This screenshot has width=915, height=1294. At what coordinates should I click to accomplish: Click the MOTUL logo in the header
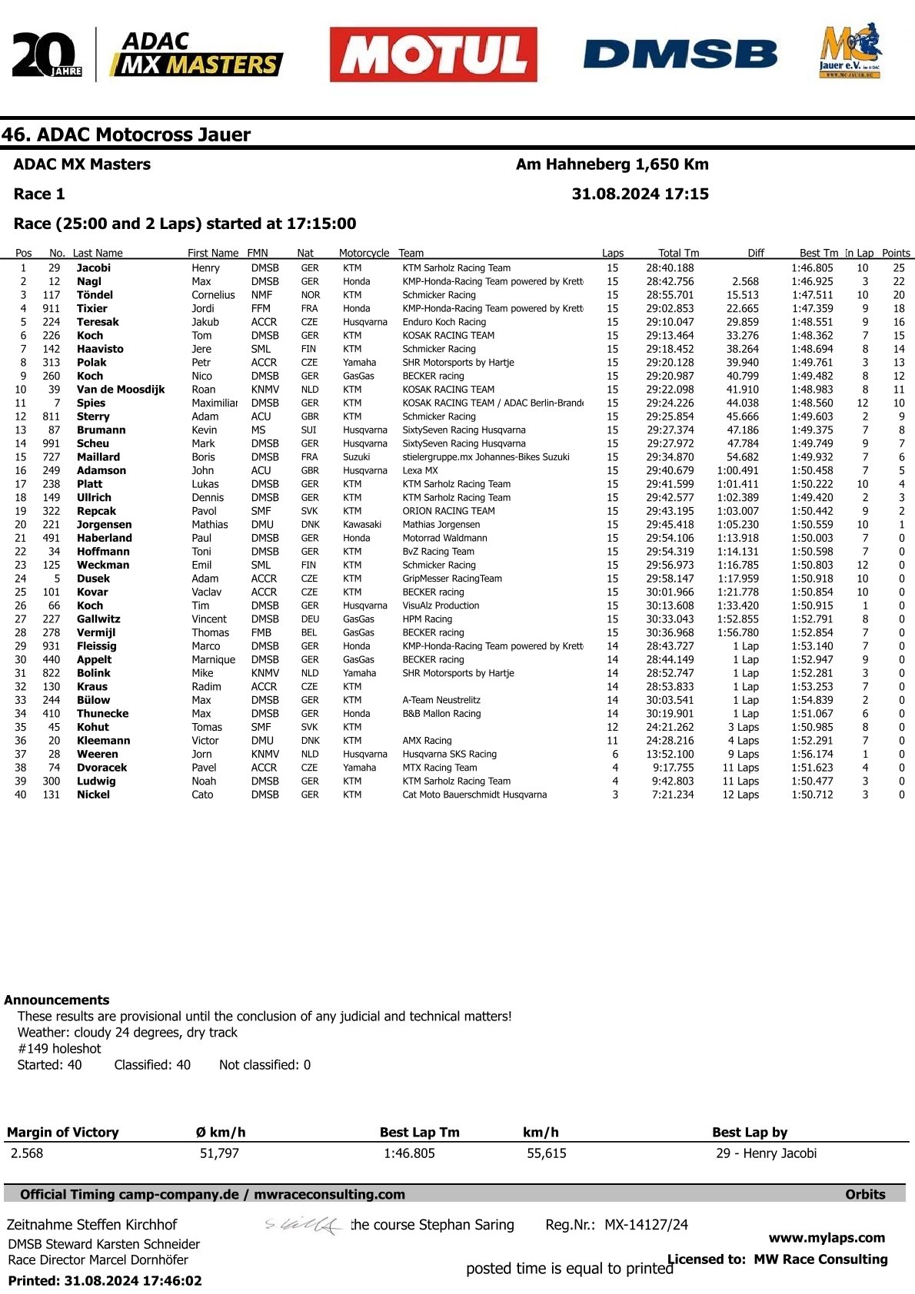tap(433, 55)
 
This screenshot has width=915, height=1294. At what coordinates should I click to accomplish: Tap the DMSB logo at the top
tap(680, 55)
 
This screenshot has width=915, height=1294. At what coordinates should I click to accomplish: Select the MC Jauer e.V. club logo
tap(850, 51)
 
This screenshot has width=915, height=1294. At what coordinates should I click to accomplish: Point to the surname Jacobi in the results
tap(93, 268)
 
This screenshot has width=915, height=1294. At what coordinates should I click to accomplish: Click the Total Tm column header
tap(678, 253)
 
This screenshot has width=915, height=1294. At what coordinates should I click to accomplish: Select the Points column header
tap(896, 253)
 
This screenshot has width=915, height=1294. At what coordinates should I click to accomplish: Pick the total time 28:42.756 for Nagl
tap(670, 281)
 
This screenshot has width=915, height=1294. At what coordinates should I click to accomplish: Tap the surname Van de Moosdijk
tap(121, 390)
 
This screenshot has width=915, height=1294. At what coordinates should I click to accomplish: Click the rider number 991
tap(51, 443)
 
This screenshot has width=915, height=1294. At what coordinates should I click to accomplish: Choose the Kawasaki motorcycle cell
tap(362, 525)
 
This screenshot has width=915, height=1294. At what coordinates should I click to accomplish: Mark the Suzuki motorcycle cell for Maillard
tap(356, 457)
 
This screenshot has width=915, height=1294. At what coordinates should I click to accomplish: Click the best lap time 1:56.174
tap(812, 755)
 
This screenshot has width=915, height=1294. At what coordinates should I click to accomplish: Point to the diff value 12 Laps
tap(740, 795)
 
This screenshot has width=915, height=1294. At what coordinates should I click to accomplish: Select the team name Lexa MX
tap(420, 470)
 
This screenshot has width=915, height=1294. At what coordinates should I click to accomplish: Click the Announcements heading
tap(57, 1000)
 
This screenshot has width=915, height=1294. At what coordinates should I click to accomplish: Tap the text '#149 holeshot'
tap(59, 1048)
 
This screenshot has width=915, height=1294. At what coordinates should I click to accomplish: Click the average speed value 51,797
tap(219, 1153)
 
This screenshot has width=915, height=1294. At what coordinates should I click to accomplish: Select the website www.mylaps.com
tap(827, 1237)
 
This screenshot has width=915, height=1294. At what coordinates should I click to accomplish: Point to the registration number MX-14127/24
tap(646, 1225)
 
